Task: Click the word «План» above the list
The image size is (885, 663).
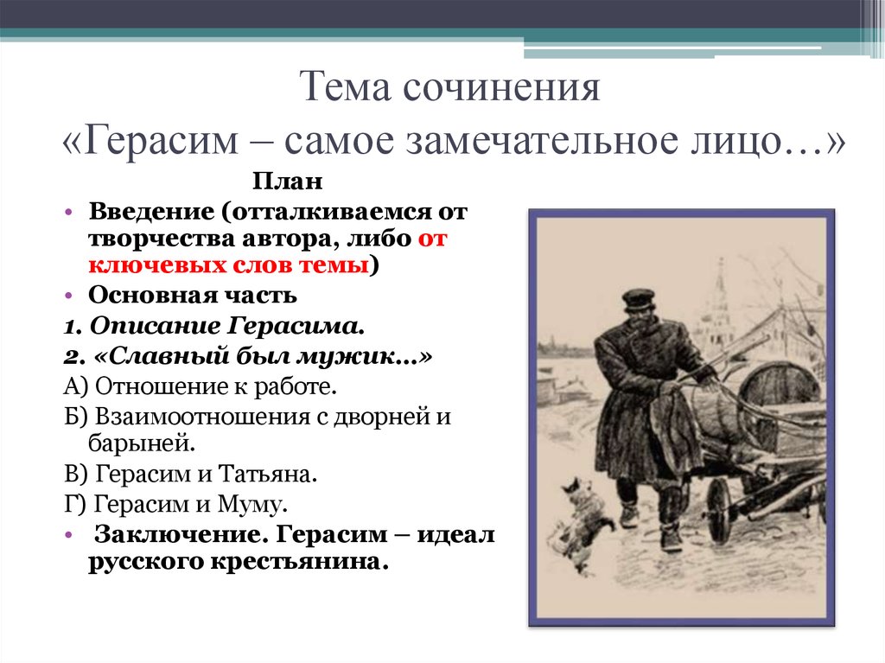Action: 287,182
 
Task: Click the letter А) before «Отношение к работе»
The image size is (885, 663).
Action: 75,387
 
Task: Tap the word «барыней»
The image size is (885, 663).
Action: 141,443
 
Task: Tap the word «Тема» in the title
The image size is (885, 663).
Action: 345,87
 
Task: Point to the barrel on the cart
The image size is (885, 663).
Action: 779,395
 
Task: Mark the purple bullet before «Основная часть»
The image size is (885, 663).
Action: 68,295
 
